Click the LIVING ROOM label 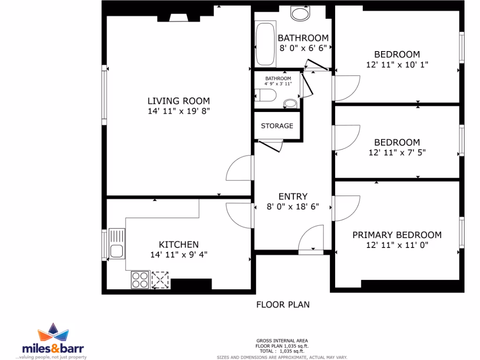pyautogui.click(x=179, y=101)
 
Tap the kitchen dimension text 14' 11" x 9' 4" pyautogui.click(x=179, y=255)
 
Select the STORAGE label pyautogui.click(x=277, y=126)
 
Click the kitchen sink pyautogui.click(x=116, y=243)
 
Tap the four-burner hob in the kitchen pyautogui.click(x=140, y=280)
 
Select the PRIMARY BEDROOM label pyautogui.click(x=397, y=235)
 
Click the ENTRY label pyautogui.click(x=292, y=197)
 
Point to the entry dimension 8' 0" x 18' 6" pyautogui.click(x=292, y=207)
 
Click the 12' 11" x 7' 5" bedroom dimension pyautogui.click(x=397, y=152)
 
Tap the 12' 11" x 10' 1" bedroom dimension pyautogui.click(x=397, y=65)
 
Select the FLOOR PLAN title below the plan pyautogui.click(x=283, y=305)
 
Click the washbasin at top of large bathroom pyautogui.click(x=300, y=13)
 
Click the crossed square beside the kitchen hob pyautogui.click(x=160, y=280)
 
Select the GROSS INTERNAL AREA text pyautogui.click(x=282, y=341)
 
